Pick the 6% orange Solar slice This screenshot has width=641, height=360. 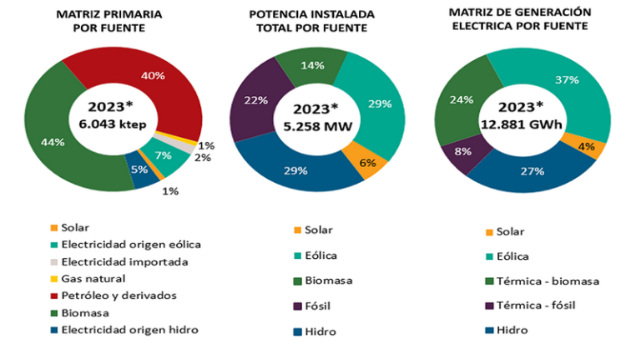pos(367,163)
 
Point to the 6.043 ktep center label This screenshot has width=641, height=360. pos(114,123)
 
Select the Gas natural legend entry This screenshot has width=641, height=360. pos(93,277)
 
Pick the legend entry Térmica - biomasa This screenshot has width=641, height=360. pos(547,281)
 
